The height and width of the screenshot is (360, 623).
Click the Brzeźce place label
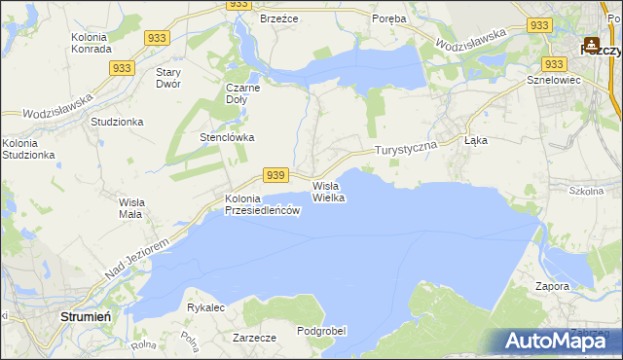(277, 18)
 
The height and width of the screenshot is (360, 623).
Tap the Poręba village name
(389, 18)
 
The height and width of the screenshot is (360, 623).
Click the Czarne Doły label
(247, 93)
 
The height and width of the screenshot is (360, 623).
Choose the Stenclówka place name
(227, 137)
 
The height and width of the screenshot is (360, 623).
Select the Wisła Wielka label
(328, 191)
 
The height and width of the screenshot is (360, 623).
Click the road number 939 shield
(276, 175)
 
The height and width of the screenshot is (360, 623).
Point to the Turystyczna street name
(408, 148)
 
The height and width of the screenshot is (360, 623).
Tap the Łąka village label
(476, 140)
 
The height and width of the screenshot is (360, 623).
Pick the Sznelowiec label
(553, 80)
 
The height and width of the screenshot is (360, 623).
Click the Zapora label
(552, 287)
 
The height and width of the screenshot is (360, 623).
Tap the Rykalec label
(206, 307)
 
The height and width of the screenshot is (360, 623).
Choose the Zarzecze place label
(255, 338)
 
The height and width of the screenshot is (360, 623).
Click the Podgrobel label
(321, 331)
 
